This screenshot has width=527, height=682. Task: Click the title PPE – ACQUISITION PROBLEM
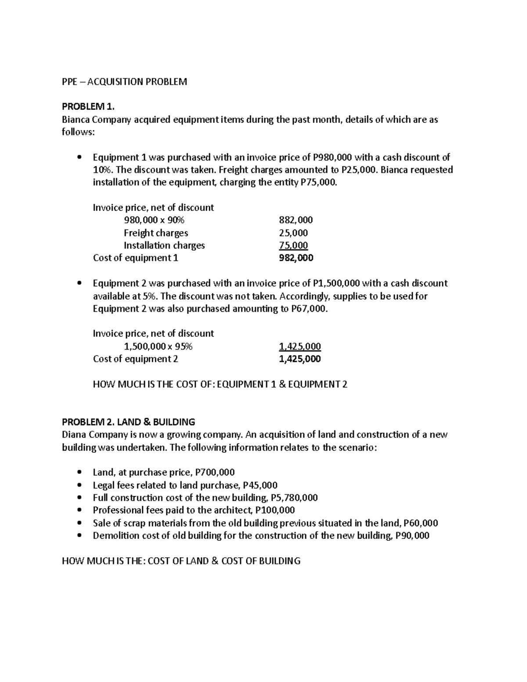click(x=124, y=82)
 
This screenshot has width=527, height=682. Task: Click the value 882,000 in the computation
click(x=296, y=220)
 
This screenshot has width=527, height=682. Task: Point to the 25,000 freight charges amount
click(x=293, y=233)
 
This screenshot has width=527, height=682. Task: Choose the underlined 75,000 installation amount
click(x=293, y=245)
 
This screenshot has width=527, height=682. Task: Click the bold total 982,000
click(x=296, y=258)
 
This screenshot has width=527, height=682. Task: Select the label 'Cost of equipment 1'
click(x=135, y=258)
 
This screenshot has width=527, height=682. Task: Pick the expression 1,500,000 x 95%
click(x=158, y=346)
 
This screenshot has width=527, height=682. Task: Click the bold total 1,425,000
click(x=300, y=359)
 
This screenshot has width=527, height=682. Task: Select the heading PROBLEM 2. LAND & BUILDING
click(x=128, y=422)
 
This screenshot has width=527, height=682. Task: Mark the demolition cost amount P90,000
click(x=412, y=536)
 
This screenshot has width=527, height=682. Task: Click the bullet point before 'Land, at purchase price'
click(x=79, y=473)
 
